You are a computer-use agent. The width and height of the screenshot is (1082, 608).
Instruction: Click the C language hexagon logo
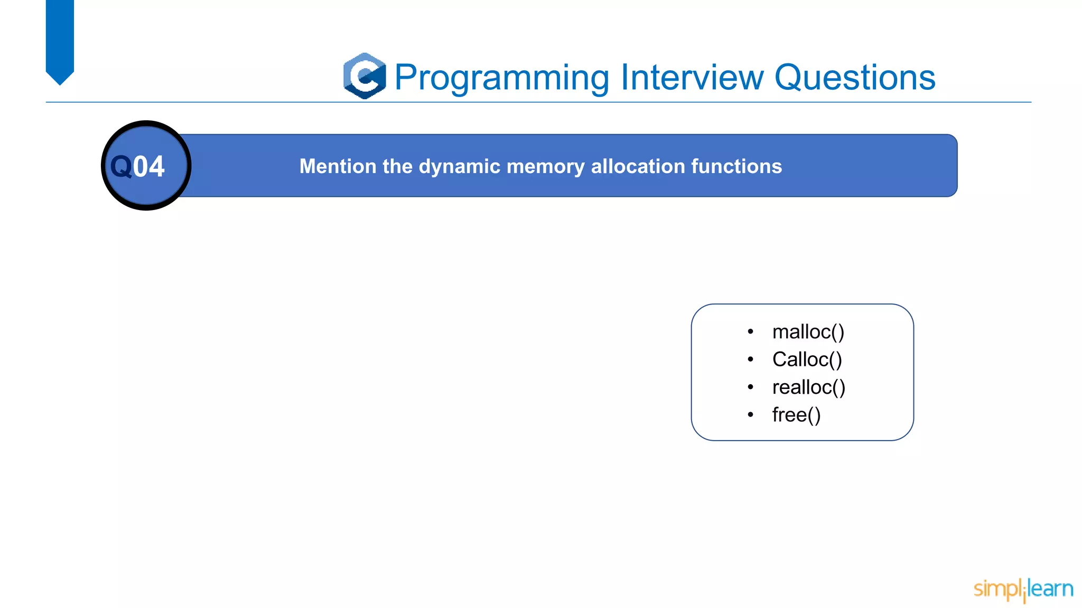click(x=365, y=76)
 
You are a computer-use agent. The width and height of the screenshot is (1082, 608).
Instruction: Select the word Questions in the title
click(x=854, y=78)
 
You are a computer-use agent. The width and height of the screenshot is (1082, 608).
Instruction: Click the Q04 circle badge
click(x=146, y=166)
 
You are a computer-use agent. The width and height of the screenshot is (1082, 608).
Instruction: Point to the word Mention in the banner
click(x=338, y=166)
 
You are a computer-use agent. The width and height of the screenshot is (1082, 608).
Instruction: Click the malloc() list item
click(x=808, y=332)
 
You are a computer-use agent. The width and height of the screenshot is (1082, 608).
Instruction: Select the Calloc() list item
click(x=807, y=359)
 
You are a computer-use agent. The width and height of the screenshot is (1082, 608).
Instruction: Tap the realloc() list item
click(x=808, y=387)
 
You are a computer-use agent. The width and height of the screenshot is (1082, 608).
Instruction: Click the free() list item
click(x=796, y=415)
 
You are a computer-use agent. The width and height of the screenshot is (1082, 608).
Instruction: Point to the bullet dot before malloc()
click(x=750, y=331)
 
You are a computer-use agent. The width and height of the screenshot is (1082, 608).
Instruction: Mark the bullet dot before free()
click(x=750, y=415)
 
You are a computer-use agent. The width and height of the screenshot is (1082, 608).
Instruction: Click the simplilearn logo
click(x=1023, y=589)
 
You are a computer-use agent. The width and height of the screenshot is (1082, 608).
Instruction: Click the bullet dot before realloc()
click(x=750, y=387)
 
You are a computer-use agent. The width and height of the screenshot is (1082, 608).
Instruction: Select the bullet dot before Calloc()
click(x=750, y=359)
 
